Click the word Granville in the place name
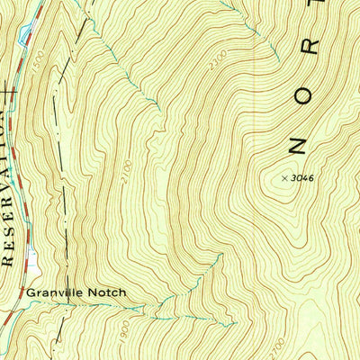click(53, 293)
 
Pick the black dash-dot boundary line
click(57, 117)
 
